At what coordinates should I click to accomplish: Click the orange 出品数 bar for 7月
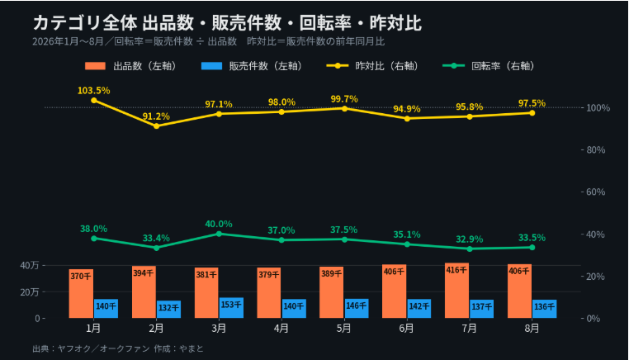pos(456,291)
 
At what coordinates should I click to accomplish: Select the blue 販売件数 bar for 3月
pos(231,308)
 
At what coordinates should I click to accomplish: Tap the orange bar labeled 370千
pos(81,294)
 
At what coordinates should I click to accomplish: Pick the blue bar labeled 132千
pos(168,310)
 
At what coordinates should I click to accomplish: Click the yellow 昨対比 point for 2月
pos(157,126)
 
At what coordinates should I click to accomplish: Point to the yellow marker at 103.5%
pos(94,101)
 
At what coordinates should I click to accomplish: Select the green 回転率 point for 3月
pos(219,234)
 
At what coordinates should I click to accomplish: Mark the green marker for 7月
pos(470,249)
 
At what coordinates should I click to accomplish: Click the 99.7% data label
pos(344,99)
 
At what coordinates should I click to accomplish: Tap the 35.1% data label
pos(407,234)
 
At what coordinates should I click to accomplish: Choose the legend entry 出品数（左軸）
pos(131,66)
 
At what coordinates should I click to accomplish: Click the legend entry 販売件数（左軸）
pos(252,66)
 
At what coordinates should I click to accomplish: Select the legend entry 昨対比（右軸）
pos(373,66)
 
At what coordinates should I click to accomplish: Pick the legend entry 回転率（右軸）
pos(489,66)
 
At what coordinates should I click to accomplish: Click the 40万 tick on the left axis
pos(30,265)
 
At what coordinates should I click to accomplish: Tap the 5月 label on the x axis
pos(343,329)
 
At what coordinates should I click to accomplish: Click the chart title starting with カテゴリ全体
pos(228,23)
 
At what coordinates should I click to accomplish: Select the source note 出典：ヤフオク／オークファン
pos(91,348)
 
